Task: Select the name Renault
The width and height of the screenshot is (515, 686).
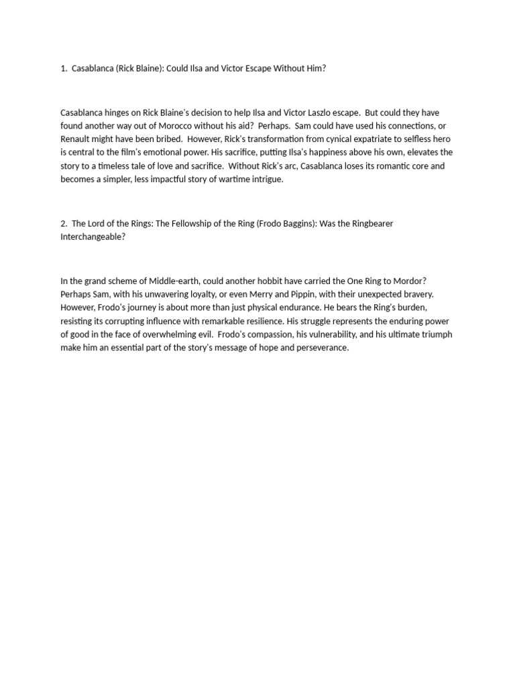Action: click(76, 139)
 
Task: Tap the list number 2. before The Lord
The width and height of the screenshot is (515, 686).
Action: click(64, 224)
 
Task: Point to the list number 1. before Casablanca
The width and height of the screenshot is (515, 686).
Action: click(64, 68)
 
